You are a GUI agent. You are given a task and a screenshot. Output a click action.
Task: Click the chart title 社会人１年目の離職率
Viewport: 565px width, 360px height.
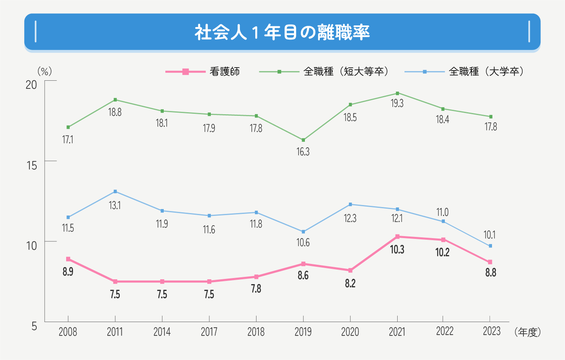point(282,32)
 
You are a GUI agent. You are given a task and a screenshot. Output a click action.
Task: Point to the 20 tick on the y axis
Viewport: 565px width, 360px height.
point(31,85)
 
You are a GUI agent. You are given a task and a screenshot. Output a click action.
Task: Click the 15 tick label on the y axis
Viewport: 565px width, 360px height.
point(31,165)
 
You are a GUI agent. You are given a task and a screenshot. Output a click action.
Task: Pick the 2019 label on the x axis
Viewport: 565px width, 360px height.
point(303,332)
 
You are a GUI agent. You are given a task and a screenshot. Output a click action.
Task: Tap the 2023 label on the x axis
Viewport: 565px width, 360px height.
point(491,331)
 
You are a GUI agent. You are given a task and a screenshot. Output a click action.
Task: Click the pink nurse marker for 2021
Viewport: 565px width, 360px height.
point(397,237)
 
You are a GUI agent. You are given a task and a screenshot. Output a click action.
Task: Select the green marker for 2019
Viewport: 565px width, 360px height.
point(303,140)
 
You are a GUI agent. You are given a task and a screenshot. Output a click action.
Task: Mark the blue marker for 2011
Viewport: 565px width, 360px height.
point(115,191)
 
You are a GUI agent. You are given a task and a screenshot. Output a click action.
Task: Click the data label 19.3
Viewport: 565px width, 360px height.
point(397,103)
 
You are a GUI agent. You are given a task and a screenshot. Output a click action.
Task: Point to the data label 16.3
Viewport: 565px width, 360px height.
point(303,152)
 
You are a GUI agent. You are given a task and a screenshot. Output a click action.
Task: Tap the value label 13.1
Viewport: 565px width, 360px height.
point(115,205)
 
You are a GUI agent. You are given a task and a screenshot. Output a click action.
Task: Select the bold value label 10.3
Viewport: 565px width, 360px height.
point(397,250)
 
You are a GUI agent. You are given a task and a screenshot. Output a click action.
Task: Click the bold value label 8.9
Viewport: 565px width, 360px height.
point(68,272)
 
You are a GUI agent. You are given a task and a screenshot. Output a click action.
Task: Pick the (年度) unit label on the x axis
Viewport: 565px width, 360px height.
point(527,332)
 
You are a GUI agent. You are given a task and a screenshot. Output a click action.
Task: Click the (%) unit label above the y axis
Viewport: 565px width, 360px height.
point(45,71)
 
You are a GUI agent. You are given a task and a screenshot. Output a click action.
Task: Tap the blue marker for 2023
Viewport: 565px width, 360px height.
point(490,246)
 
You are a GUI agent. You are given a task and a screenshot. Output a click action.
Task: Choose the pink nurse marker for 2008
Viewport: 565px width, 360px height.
point(68,259)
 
